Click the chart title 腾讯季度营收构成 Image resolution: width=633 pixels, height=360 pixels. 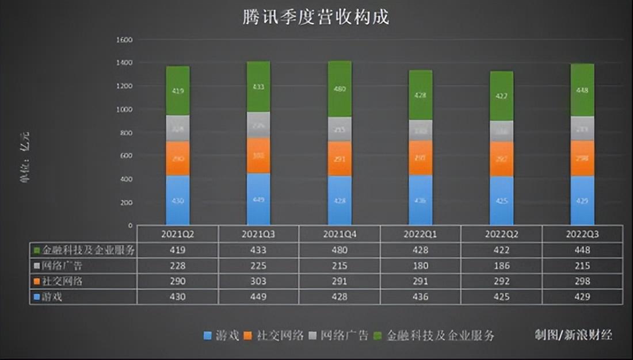(x=315, y=17)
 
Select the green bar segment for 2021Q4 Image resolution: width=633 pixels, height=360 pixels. (x=340, y=89)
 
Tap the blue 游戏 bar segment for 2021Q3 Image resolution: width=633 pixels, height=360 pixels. (x=258, y=199)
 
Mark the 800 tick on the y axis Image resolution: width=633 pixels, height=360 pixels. (x=125, y=133)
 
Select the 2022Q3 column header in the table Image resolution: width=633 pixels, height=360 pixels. (x=582, y=235)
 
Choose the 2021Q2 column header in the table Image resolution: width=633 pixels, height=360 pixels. (x=177, y=235)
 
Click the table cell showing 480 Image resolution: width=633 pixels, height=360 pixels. (x=340, y=250)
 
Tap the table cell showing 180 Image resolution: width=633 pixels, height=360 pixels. (x=420, y=266)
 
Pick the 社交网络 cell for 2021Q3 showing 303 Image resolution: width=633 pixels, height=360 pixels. (x=258, y=281)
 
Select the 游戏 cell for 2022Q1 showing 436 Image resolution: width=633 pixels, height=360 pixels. (x=420, y=297)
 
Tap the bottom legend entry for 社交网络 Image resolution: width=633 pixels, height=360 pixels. (x=273, y=336)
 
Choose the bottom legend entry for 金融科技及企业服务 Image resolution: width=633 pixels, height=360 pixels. (x=434, y=336)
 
